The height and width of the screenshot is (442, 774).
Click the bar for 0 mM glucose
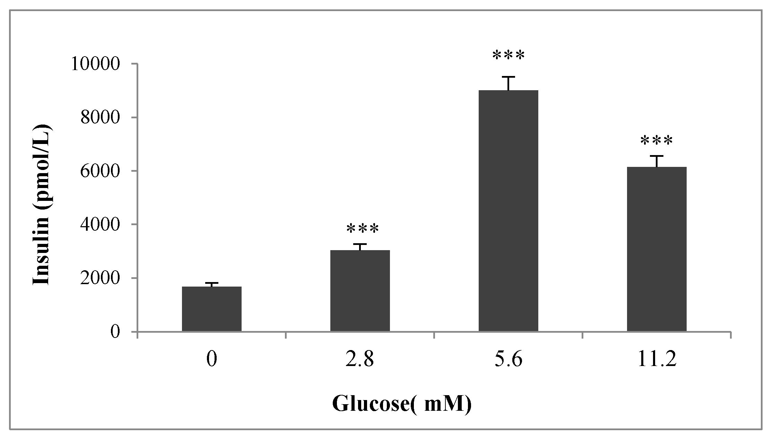pos(211,309)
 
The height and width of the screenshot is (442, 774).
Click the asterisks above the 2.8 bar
pos(363,229)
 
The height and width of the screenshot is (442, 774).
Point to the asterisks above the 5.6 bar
pos(508,56)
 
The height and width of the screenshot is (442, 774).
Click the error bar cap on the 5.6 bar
pos(508,77)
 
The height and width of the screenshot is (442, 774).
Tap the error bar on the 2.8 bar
pos(360,247)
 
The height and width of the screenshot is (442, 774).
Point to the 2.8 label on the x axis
pos(360,360)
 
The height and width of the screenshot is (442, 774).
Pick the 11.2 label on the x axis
pos(656,360)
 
